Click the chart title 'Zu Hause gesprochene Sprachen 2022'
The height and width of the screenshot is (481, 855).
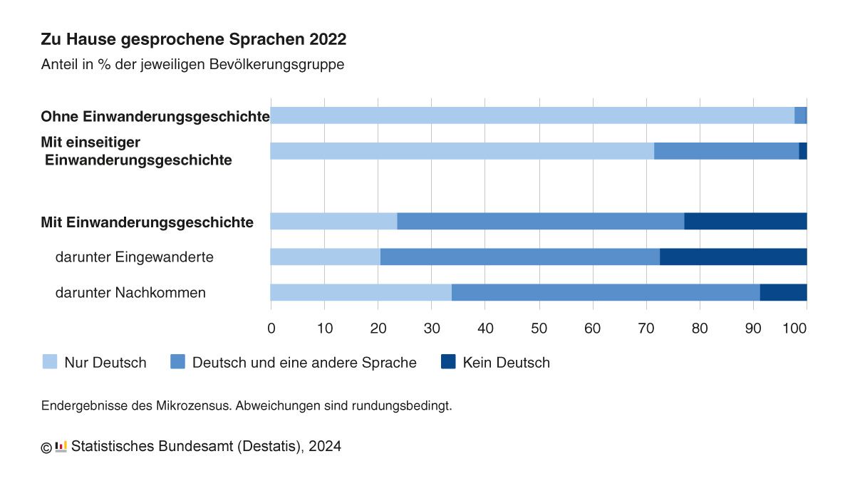coord(194,39)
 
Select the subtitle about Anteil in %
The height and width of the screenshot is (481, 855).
coord(193,64)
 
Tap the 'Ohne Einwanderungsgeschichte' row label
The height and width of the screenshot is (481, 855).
coord(155,116)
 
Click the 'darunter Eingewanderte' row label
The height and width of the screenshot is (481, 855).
coord(134,257)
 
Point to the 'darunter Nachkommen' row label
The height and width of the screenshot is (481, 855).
coord(130,292)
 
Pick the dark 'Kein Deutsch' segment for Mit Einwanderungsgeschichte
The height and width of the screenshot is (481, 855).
coord(745,222)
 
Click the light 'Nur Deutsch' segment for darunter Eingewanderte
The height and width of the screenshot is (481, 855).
coord(325,257)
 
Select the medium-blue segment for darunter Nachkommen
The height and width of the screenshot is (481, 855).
coord(606,292)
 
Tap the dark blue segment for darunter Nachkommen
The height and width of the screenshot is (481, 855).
coord(783,292)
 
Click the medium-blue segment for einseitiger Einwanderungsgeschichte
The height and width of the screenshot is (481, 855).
coord(726,151)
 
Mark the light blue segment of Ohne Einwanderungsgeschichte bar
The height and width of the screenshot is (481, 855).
coord(532,115)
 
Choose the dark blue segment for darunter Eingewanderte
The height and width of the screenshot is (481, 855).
coord(733,257)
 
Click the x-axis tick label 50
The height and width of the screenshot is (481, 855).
coord(539,329)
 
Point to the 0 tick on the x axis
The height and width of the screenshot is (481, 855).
coord(271,329)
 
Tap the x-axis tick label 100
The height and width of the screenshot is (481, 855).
coord(795,329)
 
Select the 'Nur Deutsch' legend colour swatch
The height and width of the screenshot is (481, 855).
coord(50,362)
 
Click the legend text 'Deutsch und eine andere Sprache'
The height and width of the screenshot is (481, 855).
coord(304,363)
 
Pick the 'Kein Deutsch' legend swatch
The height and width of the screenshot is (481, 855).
coord(448,362)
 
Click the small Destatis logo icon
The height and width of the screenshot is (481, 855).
coord(61,447)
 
